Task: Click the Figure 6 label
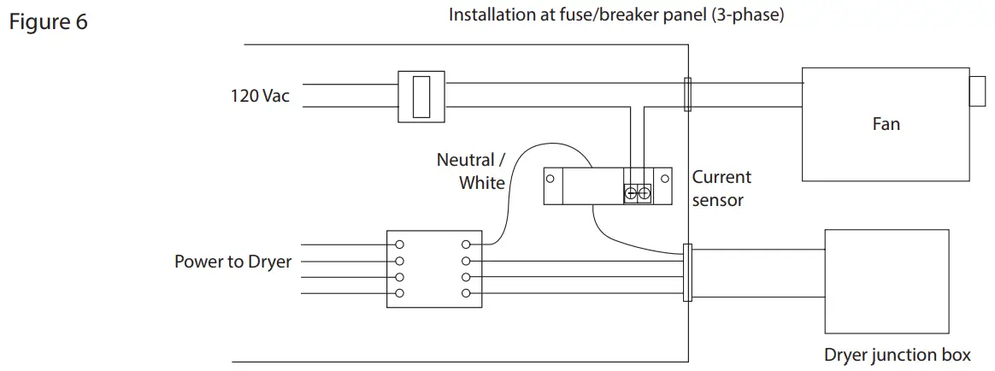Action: coord(48,22)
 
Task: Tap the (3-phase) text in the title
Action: coord(748,15)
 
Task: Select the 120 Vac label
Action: coord(260,96)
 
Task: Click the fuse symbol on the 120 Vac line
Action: coord(420,95)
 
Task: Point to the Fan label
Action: coord(886,124)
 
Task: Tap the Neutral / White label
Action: coord(470,171)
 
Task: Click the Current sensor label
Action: coord(721,188)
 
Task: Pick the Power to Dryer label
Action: coord(233,262)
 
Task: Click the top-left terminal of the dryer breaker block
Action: coord(398,244)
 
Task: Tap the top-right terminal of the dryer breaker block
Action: coord(465,244)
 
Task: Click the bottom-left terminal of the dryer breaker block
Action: coord(398,293)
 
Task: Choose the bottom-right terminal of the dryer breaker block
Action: coord(465,293)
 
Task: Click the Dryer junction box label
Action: coord(897,355)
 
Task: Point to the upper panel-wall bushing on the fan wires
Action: coord(688,95)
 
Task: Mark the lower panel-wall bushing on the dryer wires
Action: coord(687,273)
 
